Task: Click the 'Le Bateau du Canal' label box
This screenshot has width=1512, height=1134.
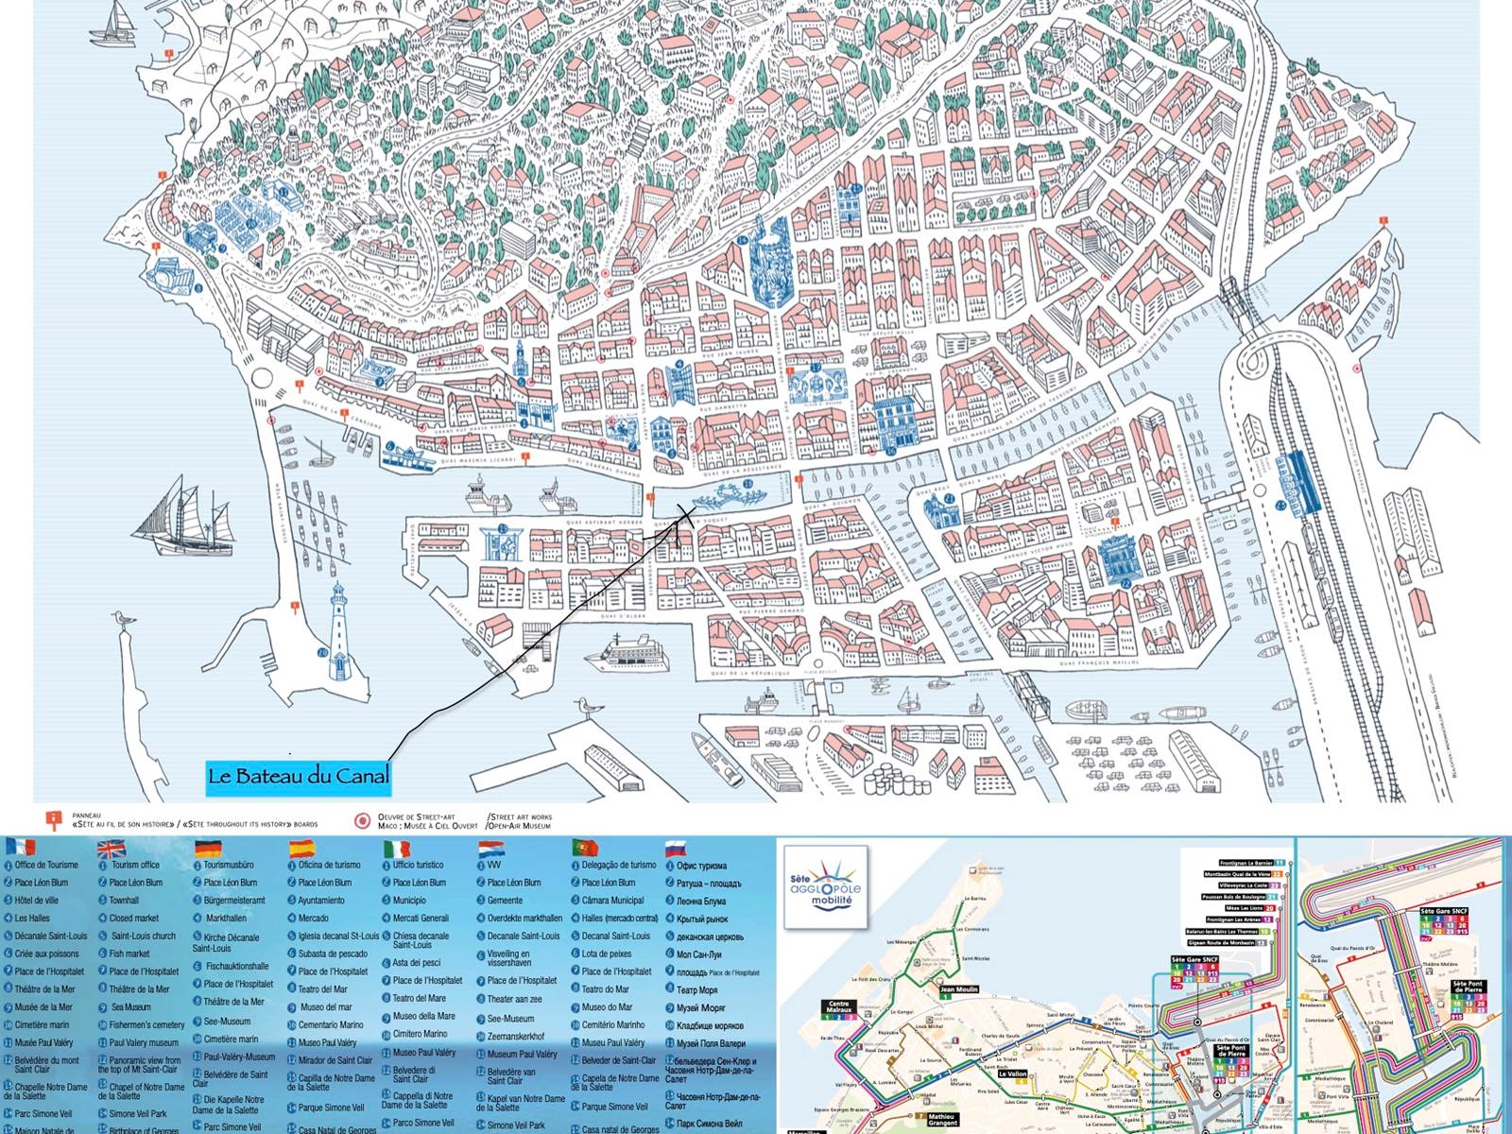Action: [x=299, y=777]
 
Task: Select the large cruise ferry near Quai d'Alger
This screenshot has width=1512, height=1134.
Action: [x=620, y=654]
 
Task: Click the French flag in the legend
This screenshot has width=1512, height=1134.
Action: [x=20, y=847]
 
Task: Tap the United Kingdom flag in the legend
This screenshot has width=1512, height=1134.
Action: [x=112, y=848]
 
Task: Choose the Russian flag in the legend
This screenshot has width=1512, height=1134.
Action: [x=675, y=848]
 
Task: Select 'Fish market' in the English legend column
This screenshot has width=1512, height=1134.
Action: [x=129, y=954]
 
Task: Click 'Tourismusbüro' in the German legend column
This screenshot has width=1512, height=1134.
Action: [x=228, y=865]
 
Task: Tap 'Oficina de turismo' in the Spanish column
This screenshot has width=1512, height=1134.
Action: [x=329, y=865]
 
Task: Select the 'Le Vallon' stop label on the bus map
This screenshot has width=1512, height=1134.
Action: [x=1012, y=1074]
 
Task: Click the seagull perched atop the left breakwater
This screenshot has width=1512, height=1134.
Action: [x=119, y=619]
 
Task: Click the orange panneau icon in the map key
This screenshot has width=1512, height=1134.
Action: [x=54, y=819]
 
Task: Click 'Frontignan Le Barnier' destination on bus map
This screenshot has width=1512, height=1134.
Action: [x=1246, y=863]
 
